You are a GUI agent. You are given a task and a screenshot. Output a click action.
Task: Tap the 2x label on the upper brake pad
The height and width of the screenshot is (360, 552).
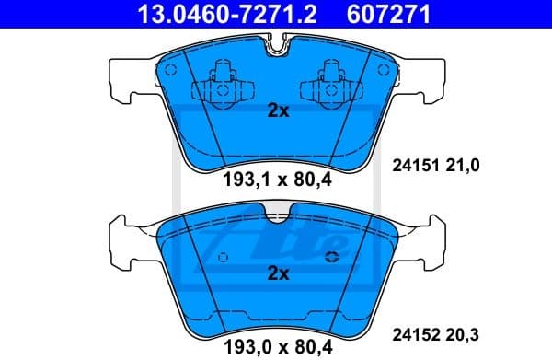pos(277,111)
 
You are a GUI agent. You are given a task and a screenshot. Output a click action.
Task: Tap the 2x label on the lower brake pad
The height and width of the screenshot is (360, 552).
pos(277,273)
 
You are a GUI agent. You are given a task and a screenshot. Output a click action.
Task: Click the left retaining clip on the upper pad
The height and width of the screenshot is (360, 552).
pos(220,85)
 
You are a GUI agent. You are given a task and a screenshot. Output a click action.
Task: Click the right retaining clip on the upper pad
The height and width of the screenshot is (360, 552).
pos(333,85)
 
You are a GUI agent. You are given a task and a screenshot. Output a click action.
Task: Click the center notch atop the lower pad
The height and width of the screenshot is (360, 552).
pos(277,217)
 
